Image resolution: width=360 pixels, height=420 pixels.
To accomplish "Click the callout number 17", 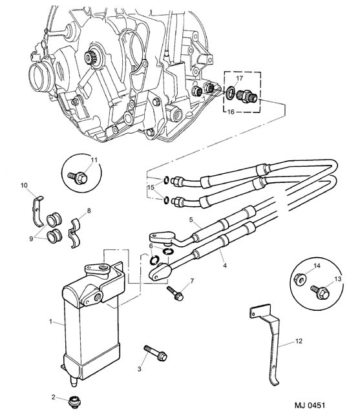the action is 239,78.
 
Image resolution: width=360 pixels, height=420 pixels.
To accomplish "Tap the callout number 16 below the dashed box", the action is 231,112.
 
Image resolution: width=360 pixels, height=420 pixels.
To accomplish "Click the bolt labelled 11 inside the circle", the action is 78,176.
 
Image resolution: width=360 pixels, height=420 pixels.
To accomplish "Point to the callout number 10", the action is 24,185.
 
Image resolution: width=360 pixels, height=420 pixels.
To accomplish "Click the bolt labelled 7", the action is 175,293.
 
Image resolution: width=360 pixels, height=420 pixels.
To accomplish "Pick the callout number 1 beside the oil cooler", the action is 50,321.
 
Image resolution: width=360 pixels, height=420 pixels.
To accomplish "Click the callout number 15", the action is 151,187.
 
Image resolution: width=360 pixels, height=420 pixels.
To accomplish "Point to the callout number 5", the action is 191,220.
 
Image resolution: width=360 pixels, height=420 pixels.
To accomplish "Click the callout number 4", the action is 225,266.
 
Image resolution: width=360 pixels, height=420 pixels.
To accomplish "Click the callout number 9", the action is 31,238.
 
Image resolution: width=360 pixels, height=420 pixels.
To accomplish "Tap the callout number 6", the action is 151,246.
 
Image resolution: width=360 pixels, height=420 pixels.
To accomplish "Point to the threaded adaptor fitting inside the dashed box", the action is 248,96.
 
